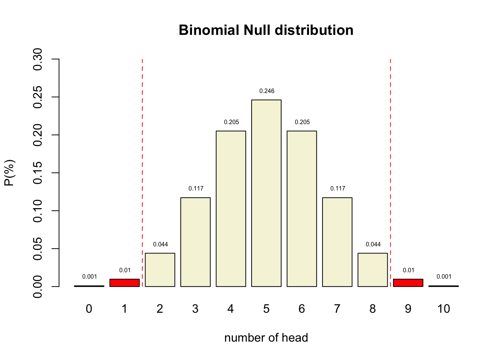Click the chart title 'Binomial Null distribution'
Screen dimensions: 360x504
266,30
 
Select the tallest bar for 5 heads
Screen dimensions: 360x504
266,193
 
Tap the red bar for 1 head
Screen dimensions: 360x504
124,283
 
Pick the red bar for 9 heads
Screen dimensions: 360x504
408,283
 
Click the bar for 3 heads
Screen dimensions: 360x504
195,242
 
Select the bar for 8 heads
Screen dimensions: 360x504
373,270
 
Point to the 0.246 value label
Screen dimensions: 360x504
267,91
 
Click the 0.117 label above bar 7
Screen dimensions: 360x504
338,189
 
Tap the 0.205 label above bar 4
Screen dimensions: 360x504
231,122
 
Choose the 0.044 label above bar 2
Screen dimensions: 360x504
160,244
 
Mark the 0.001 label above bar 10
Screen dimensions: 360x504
444,277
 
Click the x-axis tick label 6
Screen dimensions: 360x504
302,309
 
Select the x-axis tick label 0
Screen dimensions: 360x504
89,309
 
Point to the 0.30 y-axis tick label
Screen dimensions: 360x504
38,59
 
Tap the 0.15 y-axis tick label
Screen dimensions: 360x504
38,173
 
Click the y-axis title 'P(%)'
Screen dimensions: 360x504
9,173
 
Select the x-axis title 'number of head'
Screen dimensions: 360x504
266,338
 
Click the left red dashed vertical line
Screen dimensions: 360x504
142,169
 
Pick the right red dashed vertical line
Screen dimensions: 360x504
390,169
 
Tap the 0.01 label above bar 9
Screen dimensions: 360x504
409,270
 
